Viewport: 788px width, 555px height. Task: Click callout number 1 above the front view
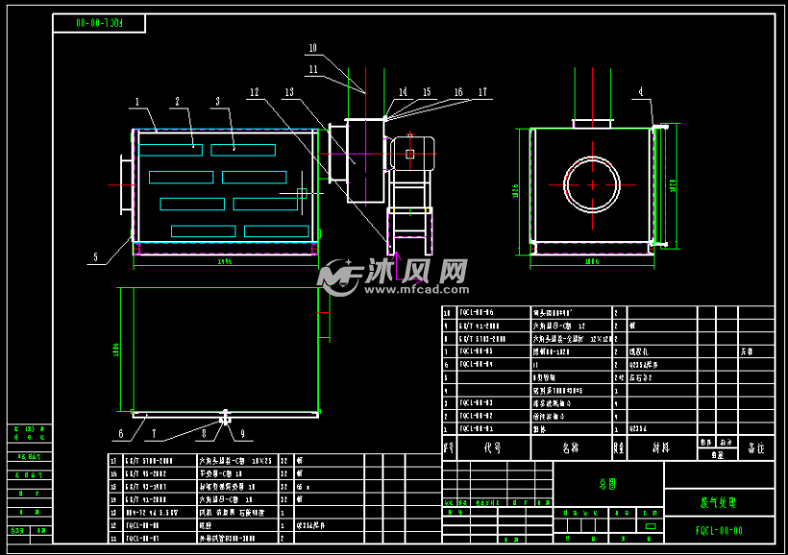(x=137, y=101)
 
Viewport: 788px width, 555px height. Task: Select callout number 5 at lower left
(x=95, y=256)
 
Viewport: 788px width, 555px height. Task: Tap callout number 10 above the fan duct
(x=312, y=48)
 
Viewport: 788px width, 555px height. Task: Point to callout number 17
(x=482, y=92)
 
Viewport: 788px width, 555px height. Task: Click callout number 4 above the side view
(x=640, y=92)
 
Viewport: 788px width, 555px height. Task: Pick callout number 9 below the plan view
(x=242, y=434)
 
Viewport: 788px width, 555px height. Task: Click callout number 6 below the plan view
(x=121, y=434)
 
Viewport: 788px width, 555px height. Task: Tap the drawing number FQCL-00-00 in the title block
(x=719, y=529)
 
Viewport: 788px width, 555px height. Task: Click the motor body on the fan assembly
(x=413, y=154)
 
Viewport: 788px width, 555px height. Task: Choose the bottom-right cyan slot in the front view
(x=276, y=231)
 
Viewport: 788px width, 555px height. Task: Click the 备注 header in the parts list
(x=755, y=448)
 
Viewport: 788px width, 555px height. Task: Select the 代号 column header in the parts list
(x=493, y=447)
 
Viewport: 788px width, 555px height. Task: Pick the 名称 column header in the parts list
(x=570, y=447)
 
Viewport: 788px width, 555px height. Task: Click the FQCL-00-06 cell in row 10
(x=477, y=312)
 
